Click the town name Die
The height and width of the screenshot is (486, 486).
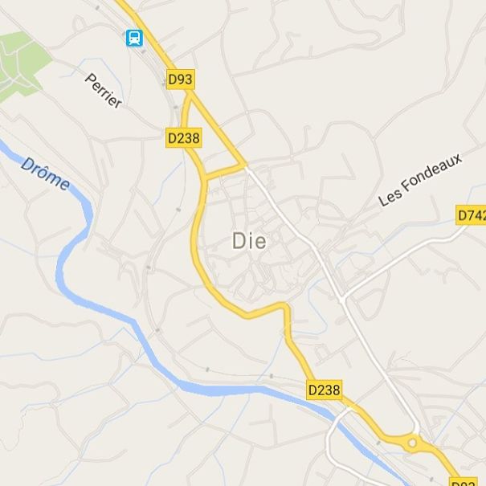249,240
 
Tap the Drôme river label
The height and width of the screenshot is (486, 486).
45,174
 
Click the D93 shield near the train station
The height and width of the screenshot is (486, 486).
181,80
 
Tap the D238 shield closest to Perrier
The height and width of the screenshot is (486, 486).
184,138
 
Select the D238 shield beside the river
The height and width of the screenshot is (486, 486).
325,390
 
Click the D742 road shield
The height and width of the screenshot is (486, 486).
472,214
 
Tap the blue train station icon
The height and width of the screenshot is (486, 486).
133,37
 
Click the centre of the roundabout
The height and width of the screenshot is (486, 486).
413,442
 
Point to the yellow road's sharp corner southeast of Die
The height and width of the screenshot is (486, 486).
285,306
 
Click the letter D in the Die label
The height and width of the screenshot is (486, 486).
239,240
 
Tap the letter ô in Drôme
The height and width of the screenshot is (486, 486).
45,173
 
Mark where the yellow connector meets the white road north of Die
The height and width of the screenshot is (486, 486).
245,166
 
